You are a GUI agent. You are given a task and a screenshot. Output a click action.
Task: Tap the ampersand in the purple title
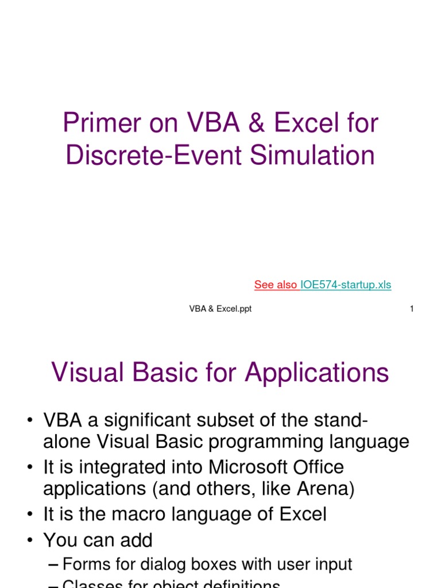pos(257,124)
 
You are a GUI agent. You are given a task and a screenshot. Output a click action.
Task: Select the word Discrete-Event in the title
pos(150,156)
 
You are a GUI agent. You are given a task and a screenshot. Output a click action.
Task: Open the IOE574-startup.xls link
pos(346,285)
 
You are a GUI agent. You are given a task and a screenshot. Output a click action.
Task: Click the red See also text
pos(276,285)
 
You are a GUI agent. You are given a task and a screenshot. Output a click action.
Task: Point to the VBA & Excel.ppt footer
pos(220,309)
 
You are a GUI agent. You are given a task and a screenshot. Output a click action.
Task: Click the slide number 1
pos(412,309)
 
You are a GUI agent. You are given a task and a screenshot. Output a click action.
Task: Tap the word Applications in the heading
pos(317,373)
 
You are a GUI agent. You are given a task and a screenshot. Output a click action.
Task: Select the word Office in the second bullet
pos(319,467)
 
